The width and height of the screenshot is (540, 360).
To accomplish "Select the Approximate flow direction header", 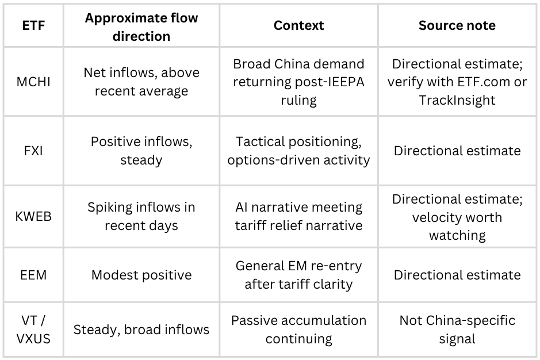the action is coord(141,26).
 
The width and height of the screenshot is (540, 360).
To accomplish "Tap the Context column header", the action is coord(298,26).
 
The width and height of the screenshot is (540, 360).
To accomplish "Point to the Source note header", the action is coord(457,26).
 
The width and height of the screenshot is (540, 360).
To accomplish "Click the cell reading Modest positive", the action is coord(141,275).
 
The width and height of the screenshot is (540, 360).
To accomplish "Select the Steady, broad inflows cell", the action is coord(141,330).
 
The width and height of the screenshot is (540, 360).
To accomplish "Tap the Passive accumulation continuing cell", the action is coord(298,330).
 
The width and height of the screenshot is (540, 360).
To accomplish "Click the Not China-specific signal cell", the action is coord(457,330).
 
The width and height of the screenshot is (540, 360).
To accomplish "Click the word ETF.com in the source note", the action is coord(473,82).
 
